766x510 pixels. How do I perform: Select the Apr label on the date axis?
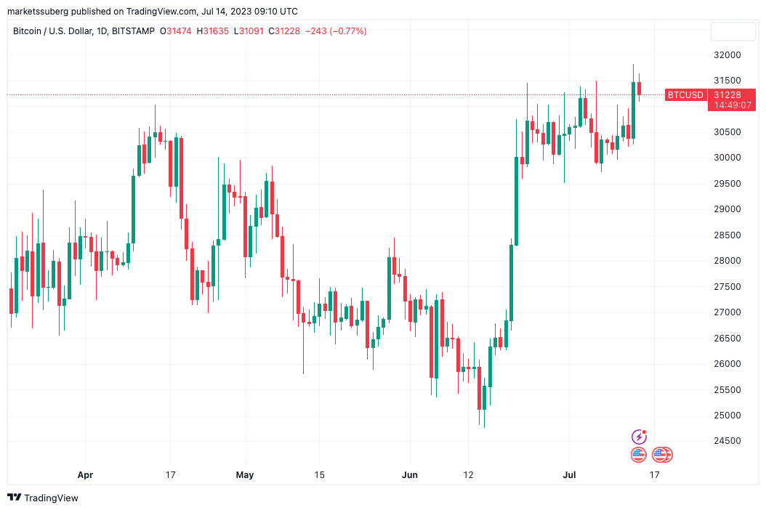85,475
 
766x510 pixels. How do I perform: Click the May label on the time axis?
245,475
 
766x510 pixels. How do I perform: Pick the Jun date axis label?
410,475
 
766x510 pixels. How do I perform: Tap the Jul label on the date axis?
570,475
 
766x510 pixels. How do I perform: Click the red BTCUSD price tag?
685,94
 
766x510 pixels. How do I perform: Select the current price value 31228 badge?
727,94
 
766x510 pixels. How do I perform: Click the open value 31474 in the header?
179,31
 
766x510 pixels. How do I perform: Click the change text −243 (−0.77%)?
335,31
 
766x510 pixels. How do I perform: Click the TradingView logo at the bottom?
43,498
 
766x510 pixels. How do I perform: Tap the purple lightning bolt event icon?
639,437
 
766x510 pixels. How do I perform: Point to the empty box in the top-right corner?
733,31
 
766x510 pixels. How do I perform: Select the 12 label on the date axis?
468,475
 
